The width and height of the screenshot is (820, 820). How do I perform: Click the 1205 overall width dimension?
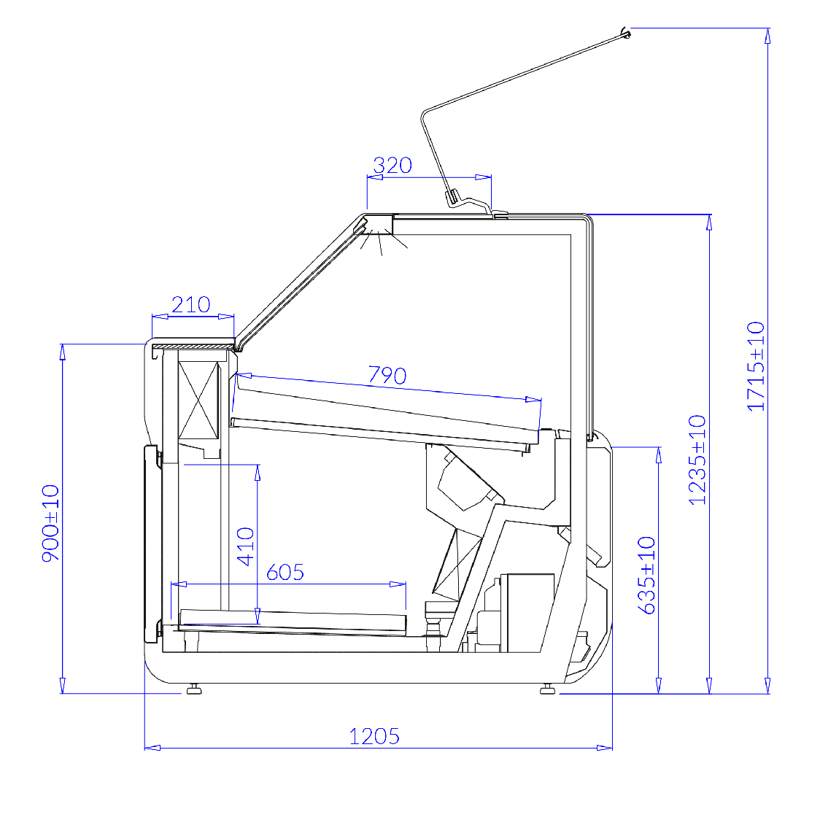pos(374,736)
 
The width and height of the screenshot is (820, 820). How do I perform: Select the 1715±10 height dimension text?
pos(756,367)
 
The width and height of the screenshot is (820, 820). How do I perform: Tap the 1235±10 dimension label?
pos(697,460)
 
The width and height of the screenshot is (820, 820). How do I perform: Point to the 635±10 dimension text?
pos(647,576)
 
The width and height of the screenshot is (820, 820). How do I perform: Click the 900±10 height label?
pos(51,523)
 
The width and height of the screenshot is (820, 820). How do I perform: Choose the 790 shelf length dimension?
pos(387,376)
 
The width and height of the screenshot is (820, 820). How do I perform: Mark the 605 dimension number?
pos(285,573)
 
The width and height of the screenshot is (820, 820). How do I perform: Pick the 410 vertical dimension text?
pos(246,546)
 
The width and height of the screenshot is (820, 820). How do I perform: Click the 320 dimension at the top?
pos(392,166)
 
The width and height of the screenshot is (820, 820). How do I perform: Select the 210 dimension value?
pos(191,305)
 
